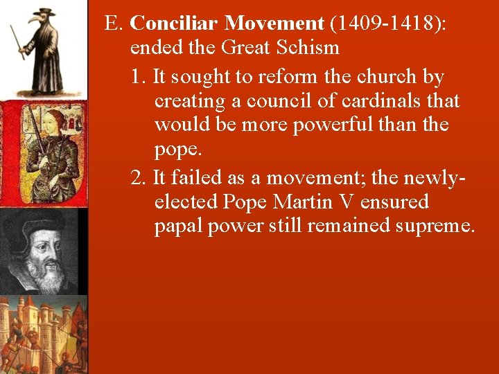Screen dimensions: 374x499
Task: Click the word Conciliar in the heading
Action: tap(174, 23)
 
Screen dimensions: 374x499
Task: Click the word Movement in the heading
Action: tap(274, 23)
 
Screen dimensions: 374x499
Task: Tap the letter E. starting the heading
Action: tap(114, 23)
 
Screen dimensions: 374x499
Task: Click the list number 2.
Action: tap(138, 177)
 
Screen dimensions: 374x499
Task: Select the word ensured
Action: tap(394, 202)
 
